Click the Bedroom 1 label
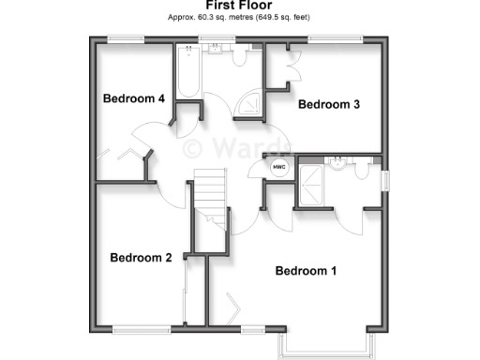click(x=306, y=271)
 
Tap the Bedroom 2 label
click(x=141, y=258)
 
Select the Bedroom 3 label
click(x=329, y=105)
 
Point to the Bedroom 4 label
click(x=134, y=98)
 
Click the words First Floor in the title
click(x=239, y=6)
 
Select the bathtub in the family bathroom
click(x=187, y=72)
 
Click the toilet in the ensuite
click(x=362, y=168)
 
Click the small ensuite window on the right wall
click(x=384, y=178)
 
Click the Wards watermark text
click(x=238, y=147)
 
